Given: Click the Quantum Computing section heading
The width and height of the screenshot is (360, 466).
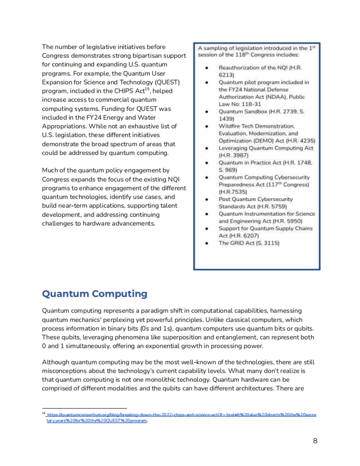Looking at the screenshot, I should (94, 294).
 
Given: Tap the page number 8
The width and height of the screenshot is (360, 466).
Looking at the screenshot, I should (315, 441).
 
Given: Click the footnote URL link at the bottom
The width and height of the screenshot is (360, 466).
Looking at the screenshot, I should (181, 415).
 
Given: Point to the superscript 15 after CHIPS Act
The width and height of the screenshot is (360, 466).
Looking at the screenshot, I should (147, 89).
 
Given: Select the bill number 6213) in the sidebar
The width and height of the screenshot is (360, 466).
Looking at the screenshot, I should (226, 75).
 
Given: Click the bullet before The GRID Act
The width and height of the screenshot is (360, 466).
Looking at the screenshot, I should (207, 243).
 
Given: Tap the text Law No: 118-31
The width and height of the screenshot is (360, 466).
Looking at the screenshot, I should (240, 104).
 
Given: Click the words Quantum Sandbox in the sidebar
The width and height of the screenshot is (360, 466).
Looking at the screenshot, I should (243, 111).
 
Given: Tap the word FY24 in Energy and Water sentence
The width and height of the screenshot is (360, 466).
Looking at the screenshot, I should (94, 117).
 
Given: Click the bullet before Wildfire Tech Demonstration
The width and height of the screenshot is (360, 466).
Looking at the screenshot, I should (207, 126).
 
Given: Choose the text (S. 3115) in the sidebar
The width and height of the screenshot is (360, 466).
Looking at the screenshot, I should (268, 243).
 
